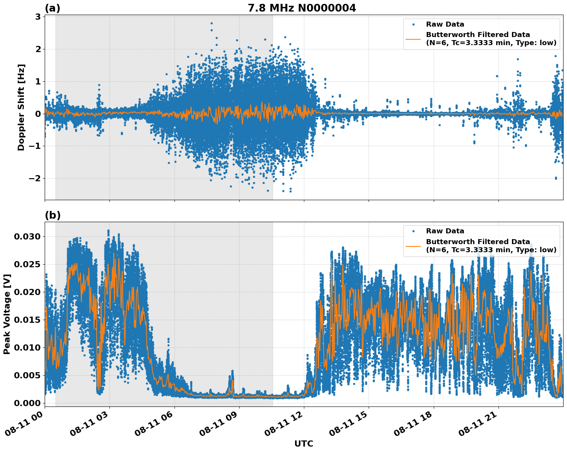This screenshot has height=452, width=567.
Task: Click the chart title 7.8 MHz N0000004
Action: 302,8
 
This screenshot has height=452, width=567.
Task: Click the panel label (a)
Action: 52,8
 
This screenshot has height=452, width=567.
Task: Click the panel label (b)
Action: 52,215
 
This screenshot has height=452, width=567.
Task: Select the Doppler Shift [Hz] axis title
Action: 21,107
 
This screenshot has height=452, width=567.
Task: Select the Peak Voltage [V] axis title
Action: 7,314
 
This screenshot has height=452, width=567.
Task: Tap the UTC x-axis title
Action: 304,444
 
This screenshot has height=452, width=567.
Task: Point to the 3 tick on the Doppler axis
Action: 38,17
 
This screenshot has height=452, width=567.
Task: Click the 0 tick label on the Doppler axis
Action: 38,114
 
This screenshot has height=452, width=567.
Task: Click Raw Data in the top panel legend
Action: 445,24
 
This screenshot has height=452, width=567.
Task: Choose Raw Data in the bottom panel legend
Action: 445,231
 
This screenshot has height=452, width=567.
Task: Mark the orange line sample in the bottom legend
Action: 413,246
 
